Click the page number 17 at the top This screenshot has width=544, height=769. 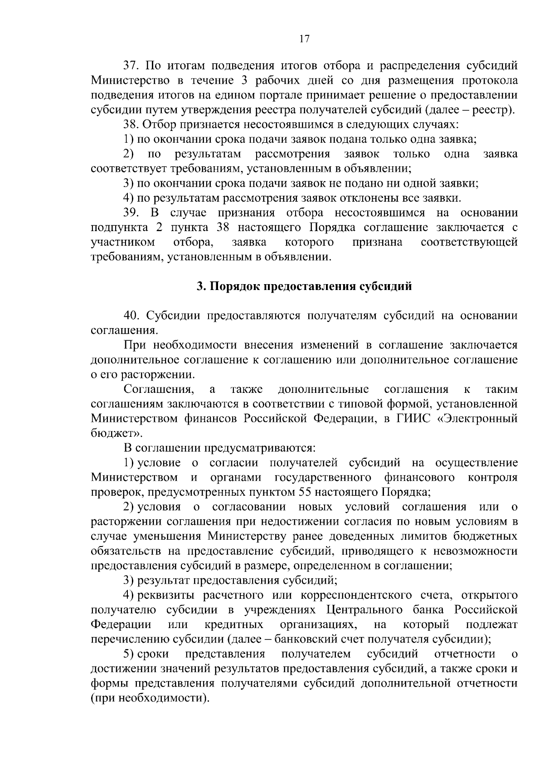(304, 39)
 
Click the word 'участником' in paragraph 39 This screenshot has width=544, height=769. (122, 242)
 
